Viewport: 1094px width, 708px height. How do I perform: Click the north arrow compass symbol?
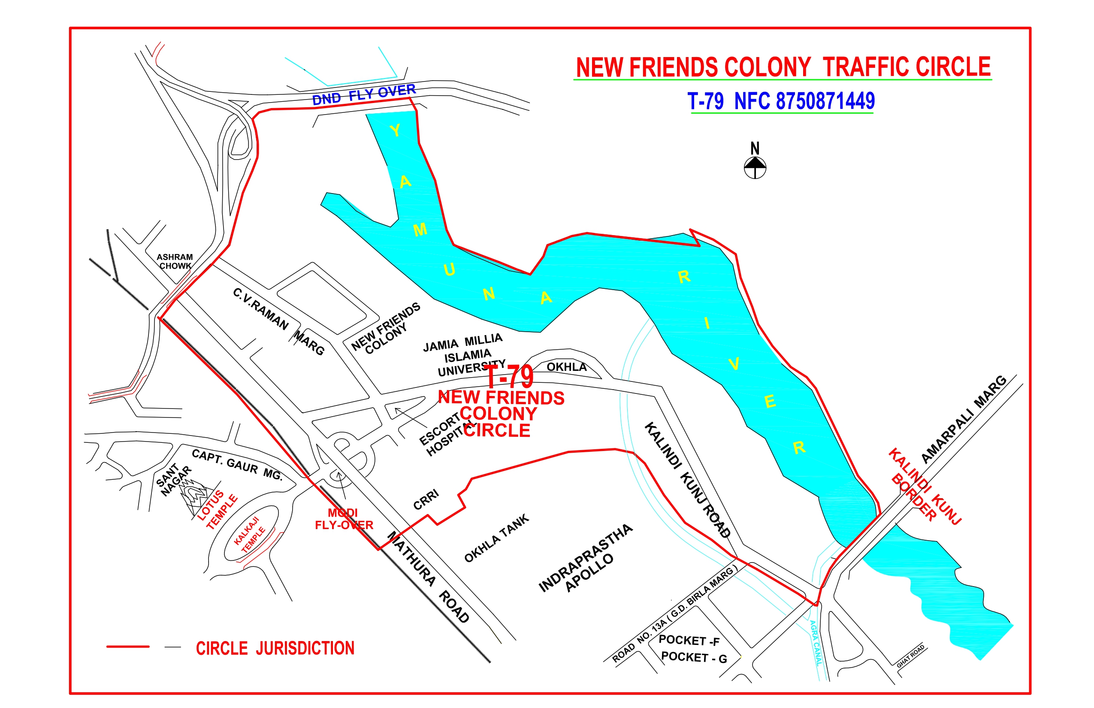coord(755,166)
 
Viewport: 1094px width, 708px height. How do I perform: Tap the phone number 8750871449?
coord(825,101)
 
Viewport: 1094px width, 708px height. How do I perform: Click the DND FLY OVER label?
coord(364,94)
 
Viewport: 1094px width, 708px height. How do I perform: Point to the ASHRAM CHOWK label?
coord(175,261)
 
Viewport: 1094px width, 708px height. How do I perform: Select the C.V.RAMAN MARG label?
coord(278,321)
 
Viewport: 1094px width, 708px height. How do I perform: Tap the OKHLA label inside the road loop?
coord(566,367)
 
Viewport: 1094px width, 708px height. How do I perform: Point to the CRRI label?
coord(426,500)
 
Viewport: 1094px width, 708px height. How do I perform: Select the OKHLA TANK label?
coord(496,539)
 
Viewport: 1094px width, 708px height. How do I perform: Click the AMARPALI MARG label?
coord(964,419)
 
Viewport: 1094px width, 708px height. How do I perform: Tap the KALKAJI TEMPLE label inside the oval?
coord(250,534)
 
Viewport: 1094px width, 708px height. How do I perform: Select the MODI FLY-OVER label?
coord(344,519)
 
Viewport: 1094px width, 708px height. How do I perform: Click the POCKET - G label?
coord(694,657)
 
